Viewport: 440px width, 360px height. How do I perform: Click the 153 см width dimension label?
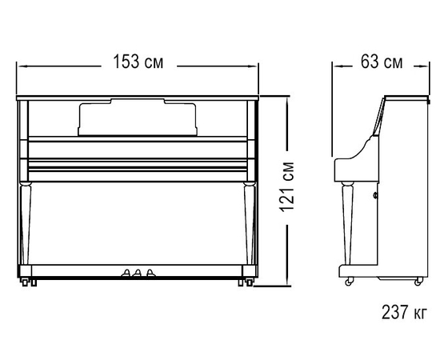point(138,62)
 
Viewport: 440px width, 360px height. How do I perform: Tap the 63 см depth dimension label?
point(382,62)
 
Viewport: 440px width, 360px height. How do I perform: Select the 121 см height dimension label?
point(287,187)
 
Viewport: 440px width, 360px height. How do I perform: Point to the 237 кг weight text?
point(404,312)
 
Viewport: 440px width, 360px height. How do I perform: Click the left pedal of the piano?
point(126,273)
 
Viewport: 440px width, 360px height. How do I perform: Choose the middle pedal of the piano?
point(138,273)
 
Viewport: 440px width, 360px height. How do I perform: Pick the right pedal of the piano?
point(150,273)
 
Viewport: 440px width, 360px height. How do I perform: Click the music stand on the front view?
point(138,118)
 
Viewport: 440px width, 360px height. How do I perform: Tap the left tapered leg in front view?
point(26,223)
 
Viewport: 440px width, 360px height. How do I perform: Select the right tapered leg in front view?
point(249,223)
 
